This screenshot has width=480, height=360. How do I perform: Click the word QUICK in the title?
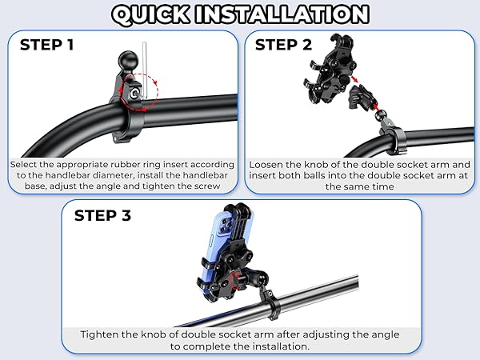pyautogui.click(x=151, y=14)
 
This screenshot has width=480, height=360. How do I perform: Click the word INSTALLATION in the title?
pyautogui.click(x=282, y=14)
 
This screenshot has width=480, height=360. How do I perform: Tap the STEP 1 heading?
pyautogui.click(x=47, y=45)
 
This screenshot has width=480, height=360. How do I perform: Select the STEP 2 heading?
pyautogui.click(x=283, y=45)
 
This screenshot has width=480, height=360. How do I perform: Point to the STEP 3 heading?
pyautogui.click(x=102, y=215)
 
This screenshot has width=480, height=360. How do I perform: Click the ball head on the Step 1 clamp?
pyautogui.click(x=128, y=61)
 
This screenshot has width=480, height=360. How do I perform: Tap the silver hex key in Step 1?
pyautogui.click(x=144, y=71)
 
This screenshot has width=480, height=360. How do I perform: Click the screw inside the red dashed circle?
pyautogui.click(x=134, y=94)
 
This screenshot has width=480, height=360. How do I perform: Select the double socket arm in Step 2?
pyautogui.click(x=362, y=97)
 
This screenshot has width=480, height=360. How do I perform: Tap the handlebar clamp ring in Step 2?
pyautogui.click(x=396, y=141)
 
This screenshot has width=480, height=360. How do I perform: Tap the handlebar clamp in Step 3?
pyautogui.click(x=271, y=304)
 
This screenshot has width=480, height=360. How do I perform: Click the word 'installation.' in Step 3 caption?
pyautogui.click(x=279, y=346)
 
